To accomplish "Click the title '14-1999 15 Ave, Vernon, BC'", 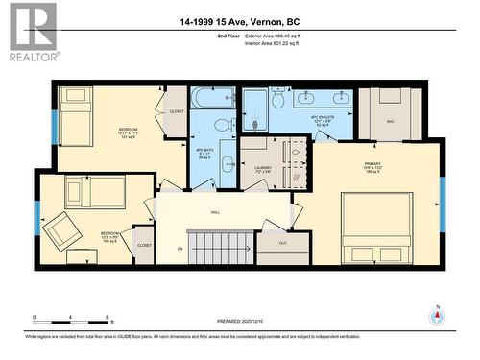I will pos(240,21).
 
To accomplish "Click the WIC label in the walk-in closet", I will pos(391,122).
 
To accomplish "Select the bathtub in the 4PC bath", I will pos(212,98).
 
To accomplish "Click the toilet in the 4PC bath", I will pos(221,124).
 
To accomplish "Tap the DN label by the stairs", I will pos(180,249).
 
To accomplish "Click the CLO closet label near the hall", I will pos(283,243).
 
